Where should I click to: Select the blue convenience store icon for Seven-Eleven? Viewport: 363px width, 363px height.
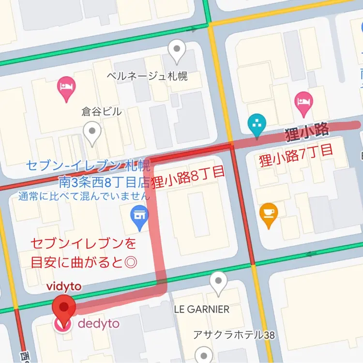tap(140, 217)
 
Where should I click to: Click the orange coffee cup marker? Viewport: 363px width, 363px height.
tap(268, 215)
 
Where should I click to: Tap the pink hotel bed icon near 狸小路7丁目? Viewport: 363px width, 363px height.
tap(304, 104)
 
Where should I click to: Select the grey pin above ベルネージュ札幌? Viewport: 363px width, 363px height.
tap(177, 51)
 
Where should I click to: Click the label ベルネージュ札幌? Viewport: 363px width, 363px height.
tap(147, 76)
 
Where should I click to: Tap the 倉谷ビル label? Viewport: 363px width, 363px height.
tap(102, 112)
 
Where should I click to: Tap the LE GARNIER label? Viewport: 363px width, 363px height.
tap(201, 309)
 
